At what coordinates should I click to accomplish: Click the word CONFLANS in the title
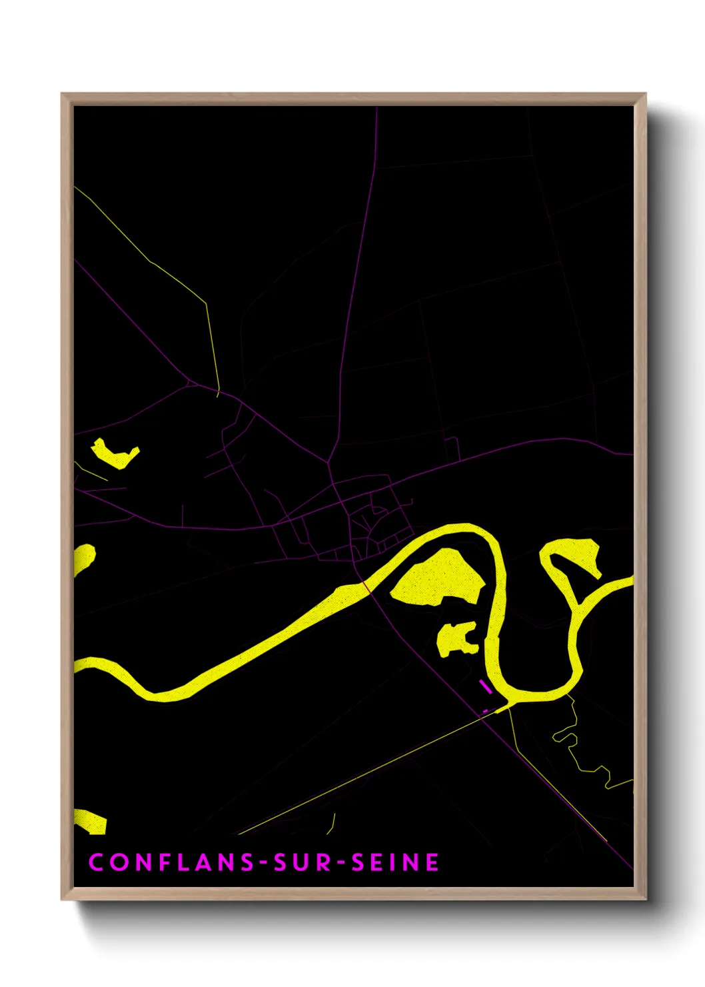pos(172,862)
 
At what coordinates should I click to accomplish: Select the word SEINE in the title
pos(395,862)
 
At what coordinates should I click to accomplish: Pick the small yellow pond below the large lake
pos(455,640)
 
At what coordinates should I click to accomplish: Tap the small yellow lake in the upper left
pos(115,453)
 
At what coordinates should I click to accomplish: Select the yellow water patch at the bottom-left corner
pos(90,822)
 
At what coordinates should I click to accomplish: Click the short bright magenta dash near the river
pos(485,686)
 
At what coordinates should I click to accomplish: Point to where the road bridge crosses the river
pos(366,586)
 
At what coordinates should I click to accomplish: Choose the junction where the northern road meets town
pos(330,459)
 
